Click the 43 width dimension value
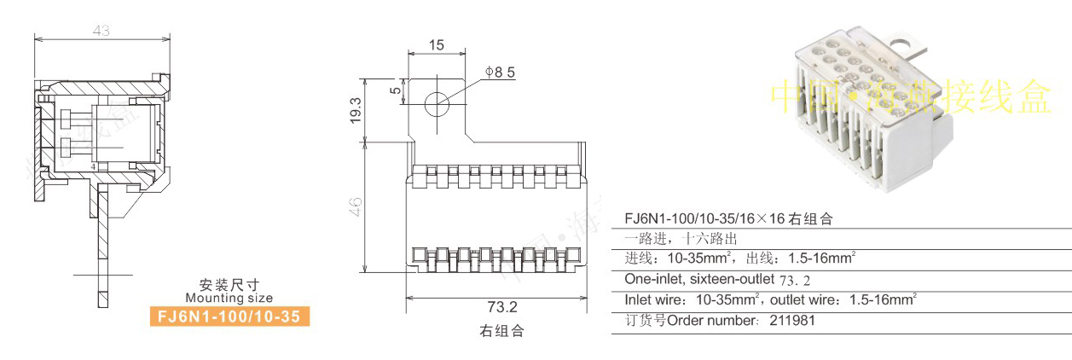click(x=101, y=31)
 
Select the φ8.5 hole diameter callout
click(x=500, y=73)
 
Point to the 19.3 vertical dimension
click(x=356, y=108)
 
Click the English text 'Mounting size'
click(x=229, y=298)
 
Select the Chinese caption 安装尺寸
click(x=229, y=285)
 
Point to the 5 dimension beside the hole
click(x=395, y=91)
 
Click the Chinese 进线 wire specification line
click(x=740, y=258)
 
